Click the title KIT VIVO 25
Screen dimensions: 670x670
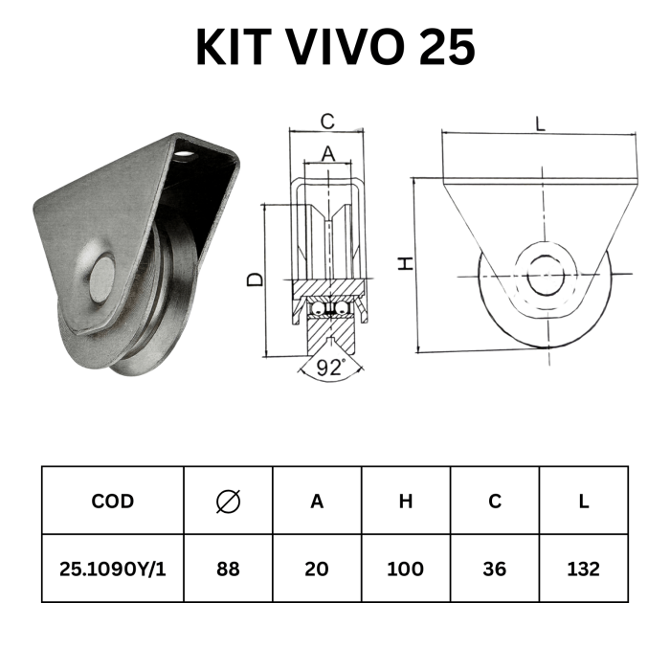pyautogui.click(x=335, y=47)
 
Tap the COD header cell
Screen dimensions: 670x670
pyautogui.click(x=112, y=501)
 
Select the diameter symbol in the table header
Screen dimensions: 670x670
pyautogui.click(x=228, y=501)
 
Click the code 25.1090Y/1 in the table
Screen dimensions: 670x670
pyautogui.click(x=112, y=569)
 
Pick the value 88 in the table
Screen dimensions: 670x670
pyautogui.click(x=228, y=569)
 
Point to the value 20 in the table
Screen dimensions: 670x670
pyautogui.click(x=317, y=569)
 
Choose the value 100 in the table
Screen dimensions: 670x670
pyautogui.click(x=405, y=569)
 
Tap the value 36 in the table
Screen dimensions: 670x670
pyautogui.click(x=495, y=569)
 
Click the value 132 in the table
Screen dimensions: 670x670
pyautogui.click(x=583, y=569)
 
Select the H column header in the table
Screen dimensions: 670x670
pyautogui.click(x=406, y=501)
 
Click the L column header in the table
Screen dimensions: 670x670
pyautogui.click(x=584, y=501)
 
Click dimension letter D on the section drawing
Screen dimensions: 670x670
pyautogui.click(x=256, y=279)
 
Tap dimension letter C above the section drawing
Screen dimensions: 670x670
pyautogui.click(x=327, y=122)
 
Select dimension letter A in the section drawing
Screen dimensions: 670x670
pyautogui.click(x=327, y=154)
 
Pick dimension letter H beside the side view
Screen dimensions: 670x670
pyautogui.click(x=406, y=263)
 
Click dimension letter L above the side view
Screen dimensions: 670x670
pyautogui.click(x=541, y=123)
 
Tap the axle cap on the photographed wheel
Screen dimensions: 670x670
pyautogui.click(x=102, y=279)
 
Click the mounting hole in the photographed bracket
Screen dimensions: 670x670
pyautogui.click(x=186, y=154)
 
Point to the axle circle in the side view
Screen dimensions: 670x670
pyautogui.click(x=546, y=275)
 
